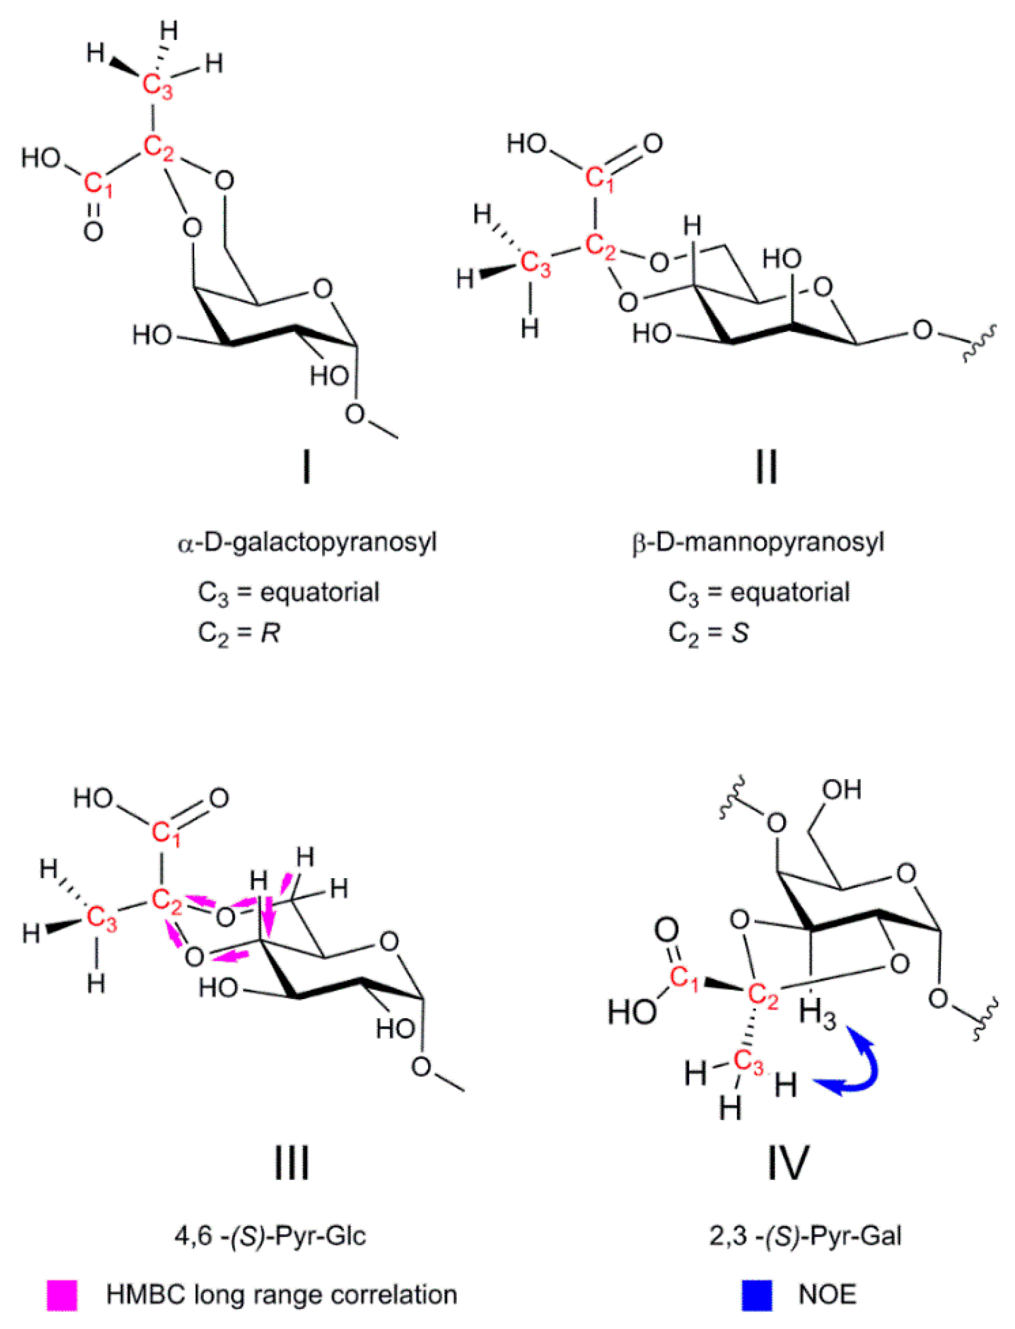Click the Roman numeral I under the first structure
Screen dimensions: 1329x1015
click(307, 468)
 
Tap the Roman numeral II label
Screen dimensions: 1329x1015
click(766, 468)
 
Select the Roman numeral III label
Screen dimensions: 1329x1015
click(292, 1162)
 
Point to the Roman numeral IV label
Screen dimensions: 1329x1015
click(787, 1162)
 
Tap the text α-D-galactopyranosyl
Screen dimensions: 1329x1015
click(307, 542)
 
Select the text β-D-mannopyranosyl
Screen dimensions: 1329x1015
click(758, 542)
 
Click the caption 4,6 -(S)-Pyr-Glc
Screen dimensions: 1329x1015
click(270, 1236)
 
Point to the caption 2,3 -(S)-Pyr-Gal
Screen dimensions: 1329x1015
click(805, 1236)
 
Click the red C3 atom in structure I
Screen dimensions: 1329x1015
click(157, 86)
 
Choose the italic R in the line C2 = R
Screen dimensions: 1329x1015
click(270, 633)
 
